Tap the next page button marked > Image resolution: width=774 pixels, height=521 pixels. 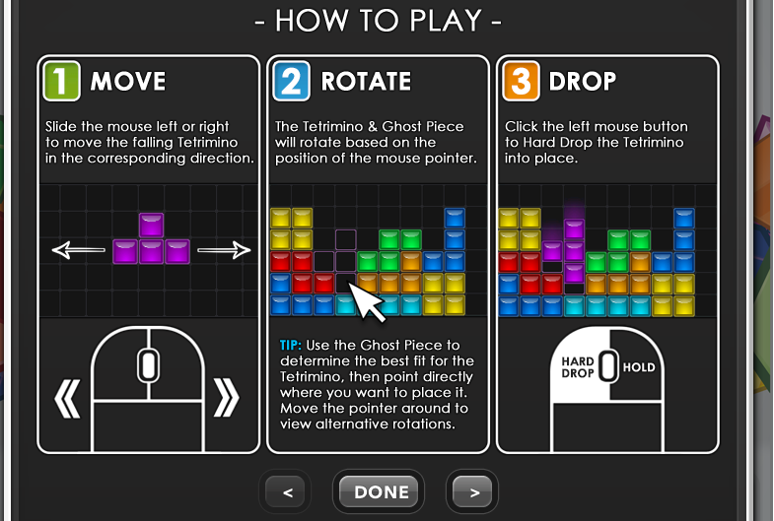point(472,491)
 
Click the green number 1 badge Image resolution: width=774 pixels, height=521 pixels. point(62,81)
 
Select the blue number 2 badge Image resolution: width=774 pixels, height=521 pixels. point(292,81)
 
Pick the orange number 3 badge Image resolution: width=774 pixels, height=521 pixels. point(522,81)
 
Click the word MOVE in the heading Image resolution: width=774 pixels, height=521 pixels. point(128,82)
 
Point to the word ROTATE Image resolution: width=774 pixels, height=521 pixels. point(366,82)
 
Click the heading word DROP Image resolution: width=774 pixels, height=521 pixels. point(583,82)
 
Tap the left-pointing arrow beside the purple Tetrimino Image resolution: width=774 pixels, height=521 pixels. point(79,250)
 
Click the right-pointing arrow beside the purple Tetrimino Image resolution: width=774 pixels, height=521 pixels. point(224,250)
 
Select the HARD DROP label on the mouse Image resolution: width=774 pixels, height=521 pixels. point(578,367)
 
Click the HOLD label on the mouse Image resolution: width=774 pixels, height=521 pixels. point(639,367)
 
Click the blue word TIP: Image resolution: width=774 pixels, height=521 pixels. point(290,345)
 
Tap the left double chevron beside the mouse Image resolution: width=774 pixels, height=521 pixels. point(67,398)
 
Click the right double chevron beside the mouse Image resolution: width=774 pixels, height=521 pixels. point(226,398)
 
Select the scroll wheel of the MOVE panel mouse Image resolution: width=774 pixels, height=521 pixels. point(148,365)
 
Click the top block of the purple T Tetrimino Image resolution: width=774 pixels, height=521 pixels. point(151,226)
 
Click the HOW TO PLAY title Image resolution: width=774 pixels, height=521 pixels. point(378,21)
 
